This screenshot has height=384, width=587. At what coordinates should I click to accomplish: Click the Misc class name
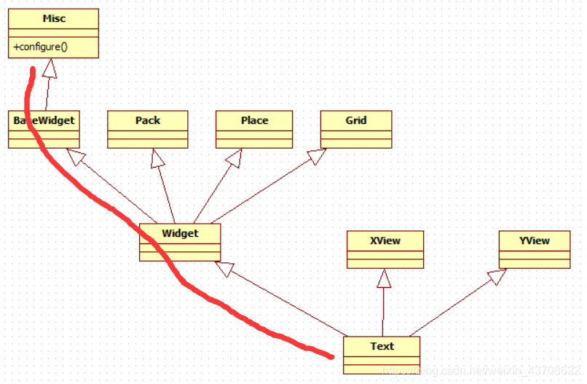pyautogui.click(x=54, y=18)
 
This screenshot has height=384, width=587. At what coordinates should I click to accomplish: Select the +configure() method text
pyautogui.click(x=39, y=47)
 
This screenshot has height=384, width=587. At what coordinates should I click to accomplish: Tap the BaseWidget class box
pyautogui.click(x=44, y=129)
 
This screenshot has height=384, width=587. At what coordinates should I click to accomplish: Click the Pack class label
pyautogui.click(x=148, y=120)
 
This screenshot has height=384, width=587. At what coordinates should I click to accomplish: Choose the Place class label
pyautogui.click(x=254, y=120)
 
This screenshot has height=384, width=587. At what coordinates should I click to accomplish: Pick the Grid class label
pyautogui.click(x=356, y=120)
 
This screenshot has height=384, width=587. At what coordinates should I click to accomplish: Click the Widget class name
pyautogui.click(x=179, y=233)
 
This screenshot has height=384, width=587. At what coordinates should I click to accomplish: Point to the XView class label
pyautogui.click(x=385, y=240)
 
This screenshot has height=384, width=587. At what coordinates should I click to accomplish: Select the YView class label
pyautogui.click(x=535, y=240)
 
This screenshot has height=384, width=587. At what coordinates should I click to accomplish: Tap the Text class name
pyautogui.click(x=382, y=346)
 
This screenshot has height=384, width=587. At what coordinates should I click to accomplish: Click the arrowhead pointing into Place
pyautogui.click(x=234, y=158)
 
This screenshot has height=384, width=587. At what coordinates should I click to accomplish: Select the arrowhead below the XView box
pyautogui.click(x=384, y=278)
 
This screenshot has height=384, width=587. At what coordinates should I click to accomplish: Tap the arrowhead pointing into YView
pyautogui.click(x=497, y=276)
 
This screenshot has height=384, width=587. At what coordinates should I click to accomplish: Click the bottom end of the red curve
pyautogui.click(x=331, y=356)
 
